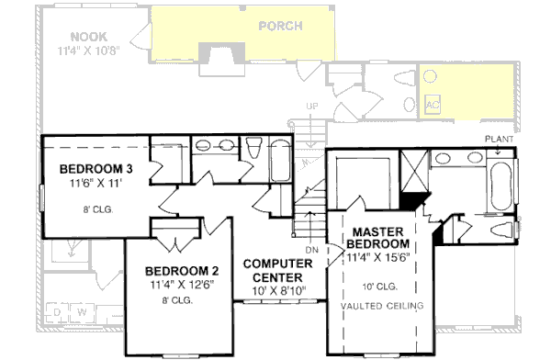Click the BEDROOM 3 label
(x=96, y=169)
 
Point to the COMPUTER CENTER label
(x=278, y=271)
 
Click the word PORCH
(x=279, y=26)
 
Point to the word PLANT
(x=500, y=138)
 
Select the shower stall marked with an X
(x=415, y=172)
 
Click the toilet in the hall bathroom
(x=253, y=149)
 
